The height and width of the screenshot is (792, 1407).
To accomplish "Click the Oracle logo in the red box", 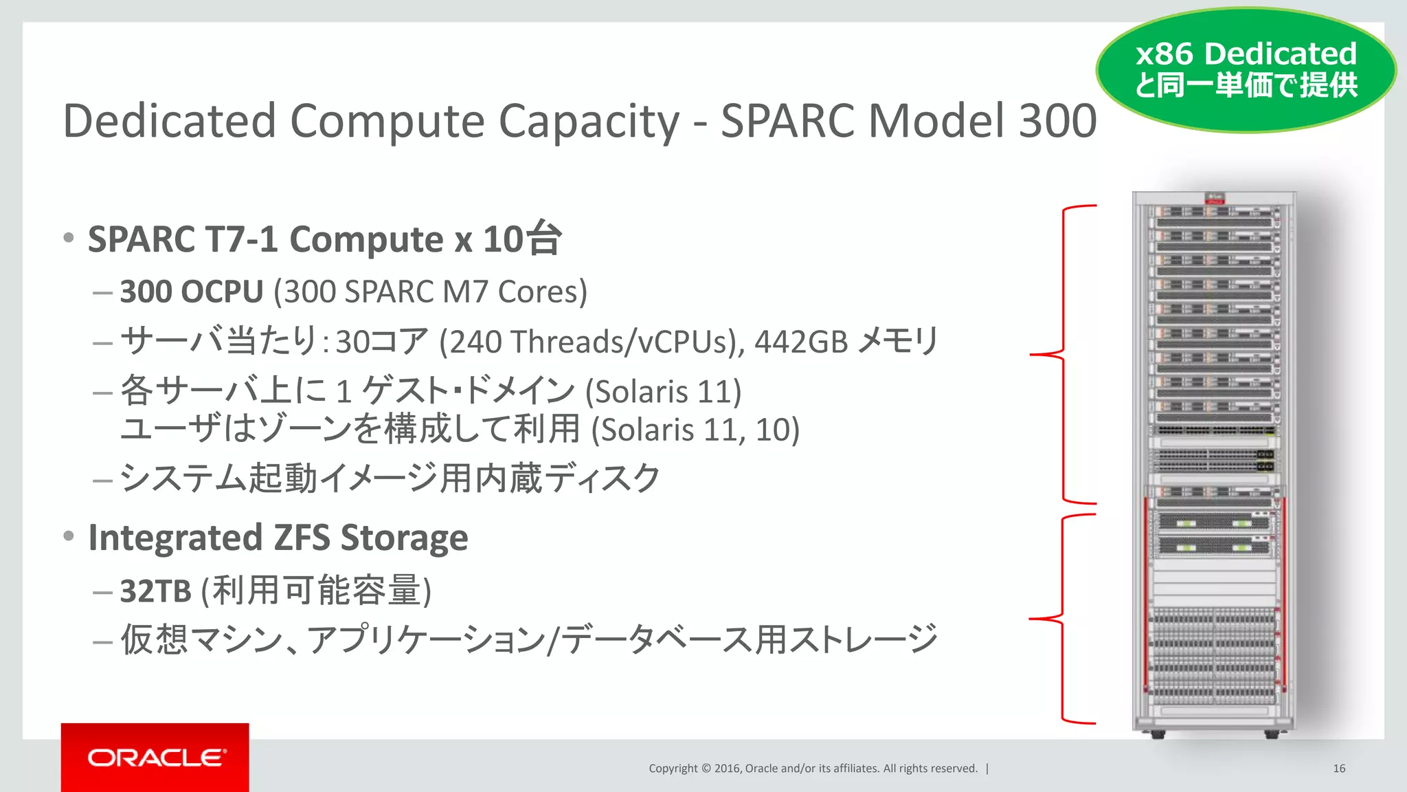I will [x=156, y=758].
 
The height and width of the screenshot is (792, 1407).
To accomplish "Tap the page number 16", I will [x=1338, y=769].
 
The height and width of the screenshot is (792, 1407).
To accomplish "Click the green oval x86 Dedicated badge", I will [x=1246, y=69].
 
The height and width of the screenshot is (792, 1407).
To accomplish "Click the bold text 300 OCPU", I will [x=192, y=291].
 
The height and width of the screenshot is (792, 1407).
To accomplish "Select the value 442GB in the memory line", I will [x=801, y=342].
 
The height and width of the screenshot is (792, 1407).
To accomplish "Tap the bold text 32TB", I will [x=155, y=591].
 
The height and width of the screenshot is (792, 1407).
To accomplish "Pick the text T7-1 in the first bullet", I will [x=241, y=239].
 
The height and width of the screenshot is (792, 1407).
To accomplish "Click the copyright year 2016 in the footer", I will [x=728, y=769].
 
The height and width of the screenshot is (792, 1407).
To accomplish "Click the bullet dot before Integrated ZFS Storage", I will [x=68, y=536].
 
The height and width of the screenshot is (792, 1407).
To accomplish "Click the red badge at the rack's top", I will [x=1215, y=199].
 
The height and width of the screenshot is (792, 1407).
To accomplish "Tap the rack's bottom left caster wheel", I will [x=1158, y=734].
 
